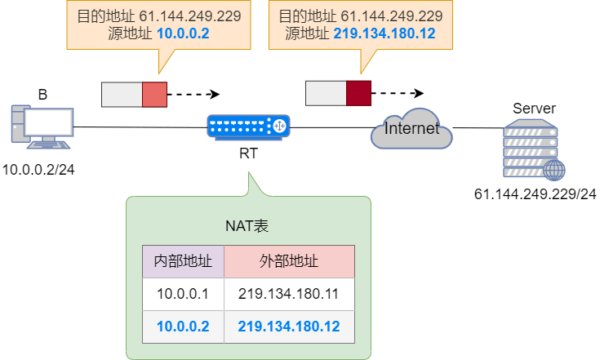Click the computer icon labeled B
41,126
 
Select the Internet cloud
411,128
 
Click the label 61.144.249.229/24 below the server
536,194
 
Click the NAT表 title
248,224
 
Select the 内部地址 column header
184,261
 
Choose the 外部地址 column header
289,261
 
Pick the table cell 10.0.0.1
184,294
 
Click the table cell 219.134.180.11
289,294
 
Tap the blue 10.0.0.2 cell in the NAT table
184,327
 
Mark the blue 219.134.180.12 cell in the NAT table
289,327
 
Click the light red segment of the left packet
154,95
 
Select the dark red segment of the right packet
358,93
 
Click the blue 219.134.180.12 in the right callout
385,33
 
